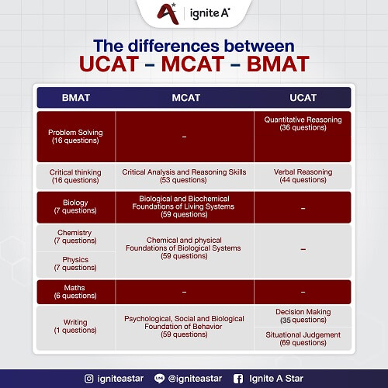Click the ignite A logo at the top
[193, 12]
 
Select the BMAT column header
[75, 97]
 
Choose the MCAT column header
[185, 97]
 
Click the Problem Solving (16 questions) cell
[75, 137]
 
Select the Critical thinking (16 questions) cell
[75, 175]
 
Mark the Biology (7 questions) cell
[75, 206]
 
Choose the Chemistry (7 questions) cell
[75, 237]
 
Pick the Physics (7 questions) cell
[75, 264]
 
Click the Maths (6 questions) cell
[75, 292]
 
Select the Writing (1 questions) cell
[75, 326]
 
